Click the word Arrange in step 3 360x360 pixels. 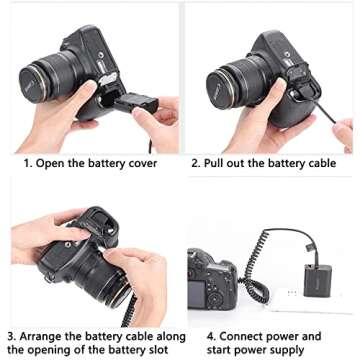point(44,336)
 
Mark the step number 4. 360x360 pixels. point(196,336)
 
